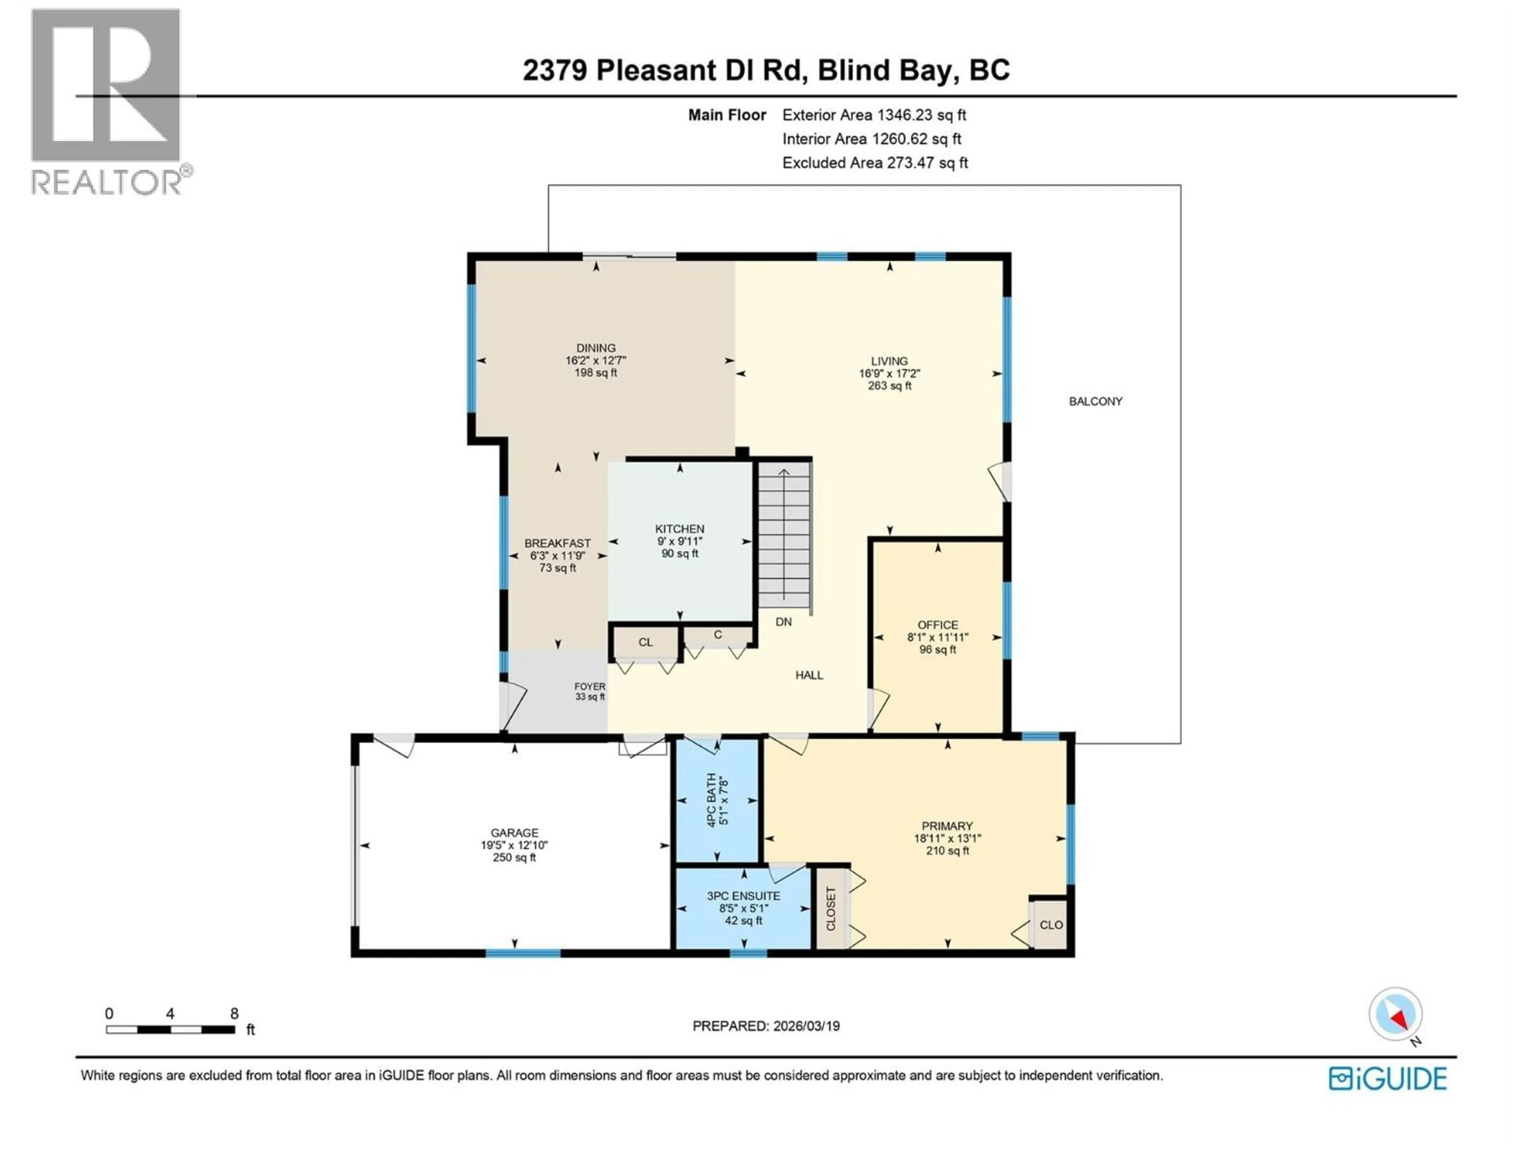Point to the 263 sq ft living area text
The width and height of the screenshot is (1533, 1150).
click(x=889, y=385)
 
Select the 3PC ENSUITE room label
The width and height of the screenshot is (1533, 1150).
click(x=743, y=896)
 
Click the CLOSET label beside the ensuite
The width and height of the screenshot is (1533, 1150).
click(x=831, y=909)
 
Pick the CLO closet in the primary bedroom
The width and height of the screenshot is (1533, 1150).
click(x=1051, y=925)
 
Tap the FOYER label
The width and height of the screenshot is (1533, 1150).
click(x=590, y=686)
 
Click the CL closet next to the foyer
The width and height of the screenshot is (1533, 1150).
click(x=645, y=642)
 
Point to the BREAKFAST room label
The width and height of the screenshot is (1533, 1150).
click(x=557, y=543)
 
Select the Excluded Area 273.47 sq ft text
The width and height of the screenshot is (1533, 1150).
click(x=875, y=163)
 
